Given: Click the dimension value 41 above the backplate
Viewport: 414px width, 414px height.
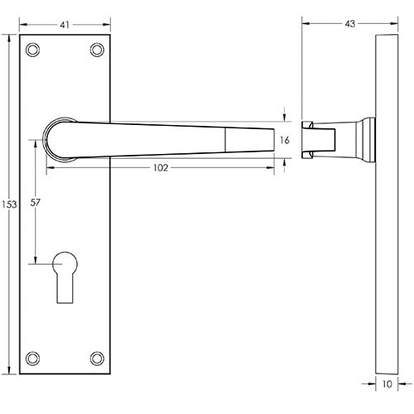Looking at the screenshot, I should [65, 24].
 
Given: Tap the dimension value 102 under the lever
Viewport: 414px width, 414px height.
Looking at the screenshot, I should [161, 167].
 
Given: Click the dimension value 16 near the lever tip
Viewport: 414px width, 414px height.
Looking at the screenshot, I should [285, 141].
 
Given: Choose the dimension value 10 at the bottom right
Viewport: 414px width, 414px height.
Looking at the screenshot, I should [388, 383].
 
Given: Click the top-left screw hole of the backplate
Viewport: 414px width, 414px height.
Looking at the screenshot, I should [32, 50].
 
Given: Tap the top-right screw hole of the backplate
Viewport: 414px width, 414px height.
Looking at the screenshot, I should [98, 50].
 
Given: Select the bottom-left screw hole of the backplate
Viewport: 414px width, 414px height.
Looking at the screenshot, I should [32, 358].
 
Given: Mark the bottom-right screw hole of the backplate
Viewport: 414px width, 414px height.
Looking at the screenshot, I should [98, 358].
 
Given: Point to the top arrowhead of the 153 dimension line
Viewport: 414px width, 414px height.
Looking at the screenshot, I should [18, 36].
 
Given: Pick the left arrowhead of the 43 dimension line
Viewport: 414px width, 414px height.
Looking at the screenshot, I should [304, 23].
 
